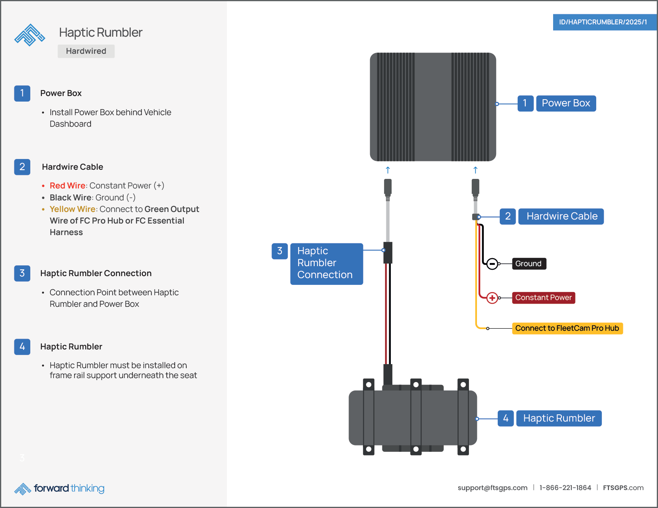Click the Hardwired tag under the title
click(x=86, y=51)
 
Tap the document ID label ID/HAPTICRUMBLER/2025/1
click(x=603, y=22)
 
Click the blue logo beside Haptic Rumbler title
click(x=30, y=35)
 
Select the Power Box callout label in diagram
click(x=565, y=103)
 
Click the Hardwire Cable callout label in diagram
click(x=561, y=216)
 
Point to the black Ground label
click(x=528, y=263)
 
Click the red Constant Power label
click(x=543, y=298)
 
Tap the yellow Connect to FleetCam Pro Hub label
click(x=567, y=328)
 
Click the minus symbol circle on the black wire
click(x=492, y=263)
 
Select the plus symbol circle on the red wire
click(x=492, y=298)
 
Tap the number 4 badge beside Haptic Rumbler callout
click(x=505, y=418)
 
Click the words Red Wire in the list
click(x=67, y=186)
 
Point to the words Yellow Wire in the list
click(x=72, y=209)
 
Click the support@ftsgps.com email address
click(x=492, y=488)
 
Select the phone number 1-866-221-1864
click(x=565, y=488)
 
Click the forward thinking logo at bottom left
click(x=60, y=488)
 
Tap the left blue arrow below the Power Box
click(x=388, y=170)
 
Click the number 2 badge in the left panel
click(x=22, y=167)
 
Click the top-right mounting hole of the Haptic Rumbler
click(x=463, y=385)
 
